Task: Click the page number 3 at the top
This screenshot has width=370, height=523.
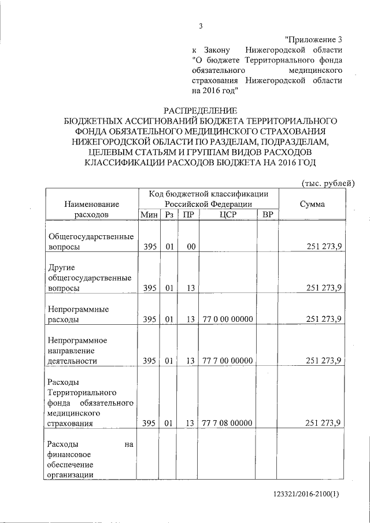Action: click(201, 25)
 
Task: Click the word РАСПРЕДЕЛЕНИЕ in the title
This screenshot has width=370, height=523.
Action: click(200, 110)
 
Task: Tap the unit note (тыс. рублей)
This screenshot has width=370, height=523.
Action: click(328, 183)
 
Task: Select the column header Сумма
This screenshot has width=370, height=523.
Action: click(312, 204)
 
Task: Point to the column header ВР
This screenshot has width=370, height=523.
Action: click(267, 215)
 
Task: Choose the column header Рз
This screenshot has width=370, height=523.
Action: click(168, 215)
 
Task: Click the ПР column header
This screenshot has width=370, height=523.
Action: click(188, 215)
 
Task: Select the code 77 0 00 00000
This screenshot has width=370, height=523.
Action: click(227, 318)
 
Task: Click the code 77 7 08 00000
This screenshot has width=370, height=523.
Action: click(227, 423)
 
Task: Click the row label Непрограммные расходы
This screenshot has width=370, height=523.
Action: click(71, 314)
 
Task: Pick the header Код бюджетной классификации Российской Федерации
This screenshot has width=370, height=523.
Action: click(208, 199)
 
